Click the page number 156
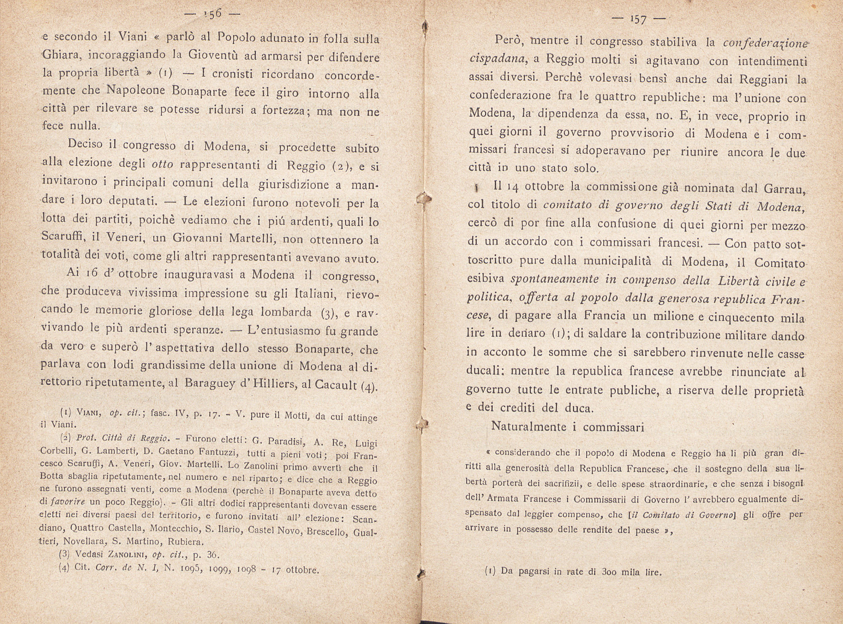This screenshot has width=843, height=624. (x=212, y=14)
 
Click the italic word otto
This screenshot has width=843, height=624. (x=162, y=164)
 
